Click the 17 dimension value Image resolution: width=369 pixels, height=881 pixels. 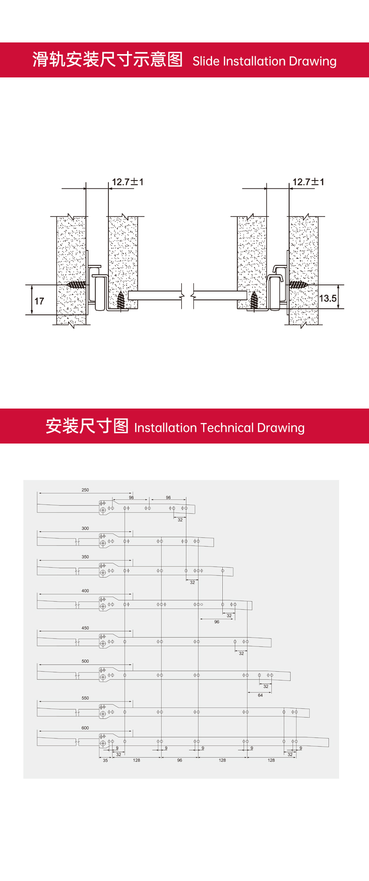[x=39, y=301]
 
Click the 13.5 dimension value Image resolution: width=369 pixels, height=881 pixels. [x=328, y=298]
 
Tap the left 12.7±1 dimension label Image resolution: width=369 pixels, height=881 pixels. [x=128, y=182]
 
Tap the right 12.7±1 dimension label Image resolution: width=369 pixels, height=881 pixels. [x=308, y=182]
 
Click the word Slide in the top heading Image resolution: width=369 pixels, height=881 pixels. [x=206, y=61]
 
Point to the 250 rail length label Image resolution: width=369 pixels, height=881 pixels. [x=85, y=490]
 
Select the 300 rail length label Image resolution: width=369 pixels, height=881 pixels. [x=85, y=528]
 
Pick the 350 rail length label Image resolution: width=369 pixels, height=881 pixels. [x=85, y=557]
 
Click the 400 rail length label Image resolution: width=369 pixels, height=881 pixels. [x=85, y=590]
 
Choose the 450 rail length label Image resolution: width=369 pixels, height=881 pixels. [x=85, y=628]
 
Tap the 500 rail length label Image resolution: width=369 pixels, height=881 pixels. [x=85, y=661]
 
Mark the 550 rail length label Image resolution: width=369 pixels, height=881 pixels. [x=85, y=698]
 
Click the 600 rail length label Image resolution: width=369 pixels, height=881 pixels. [x=85, y=728]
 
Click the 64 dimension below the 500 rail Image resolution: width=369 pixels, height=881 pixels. [x=260, y=695]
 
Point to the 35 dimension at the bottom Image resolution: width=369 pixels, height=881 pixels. [x=105, y=760]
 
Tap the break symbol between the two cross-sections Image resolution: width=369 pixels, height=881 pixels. [x=188, y=295]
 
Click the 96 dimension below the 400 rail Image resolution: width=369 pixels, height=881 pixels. [x=217, y=622]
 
